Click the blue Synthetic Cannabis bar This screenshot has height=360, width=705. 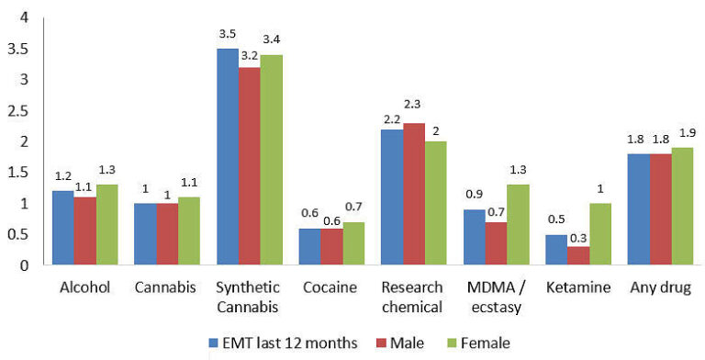tap(227, 157)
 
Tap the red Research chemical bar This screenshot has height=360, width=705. tap(413, 194)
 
